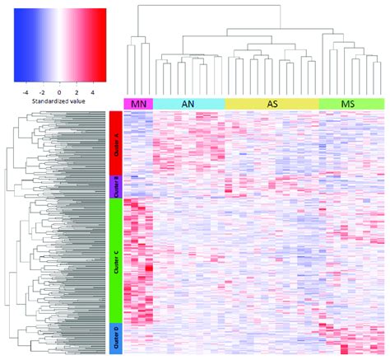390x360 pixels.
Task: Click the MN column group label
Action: coord(138,103)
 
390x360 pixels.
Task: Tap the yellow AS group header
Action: coord(272,103)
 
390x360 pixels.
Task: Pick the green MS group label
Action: coord(351,103)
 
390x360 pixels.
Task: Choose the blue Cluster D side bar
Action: coord(115,338)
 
